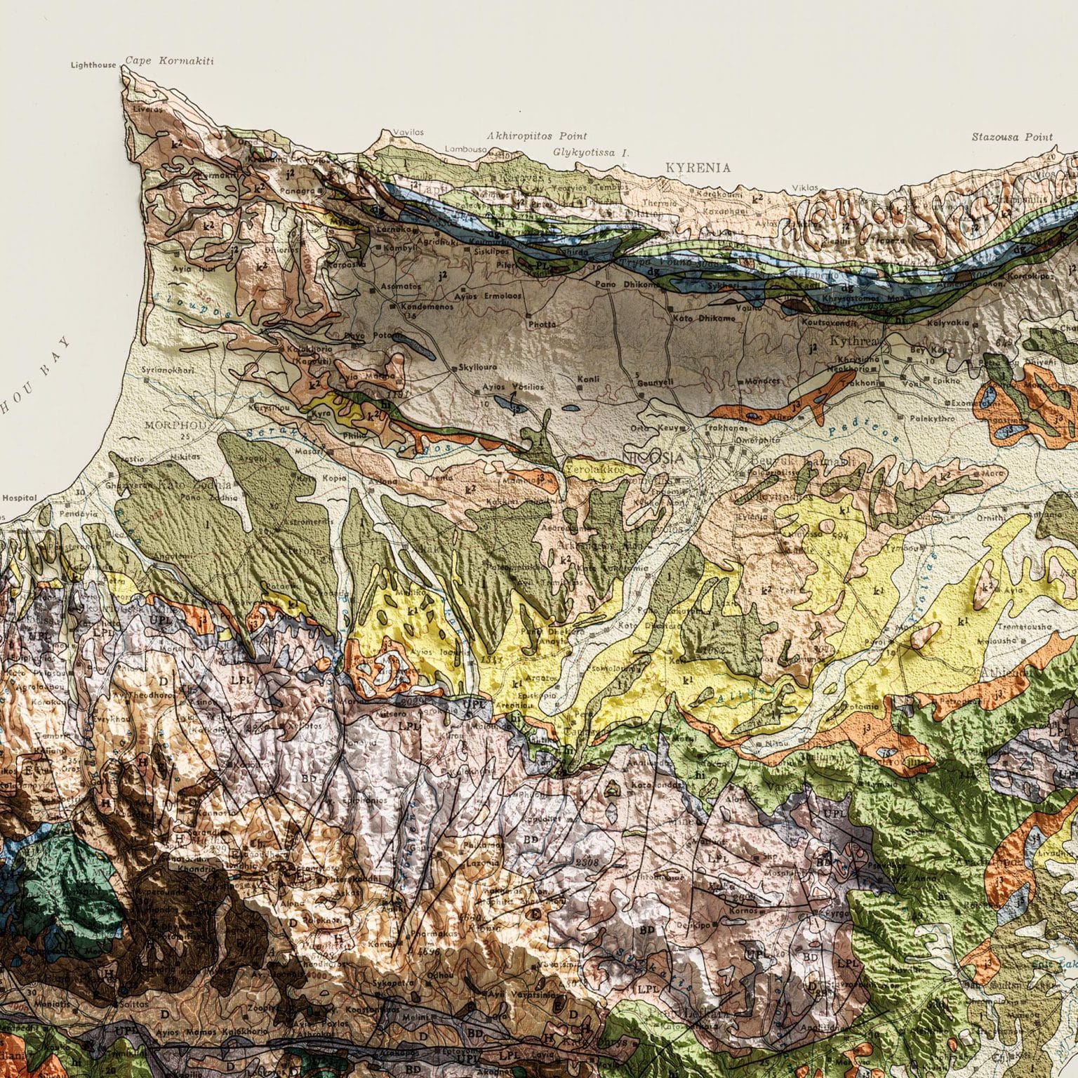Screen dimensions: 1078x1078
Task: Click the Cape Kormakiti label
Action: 169,62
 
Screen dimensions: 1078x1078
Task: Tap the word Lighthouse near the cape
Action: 93,65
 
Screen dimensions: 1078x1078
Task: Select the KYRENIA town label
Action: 698,168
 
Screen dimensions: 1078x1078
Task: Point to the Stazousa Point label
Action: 1012,137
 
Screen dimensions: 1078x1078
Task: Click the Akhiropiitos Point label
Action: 537,136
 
